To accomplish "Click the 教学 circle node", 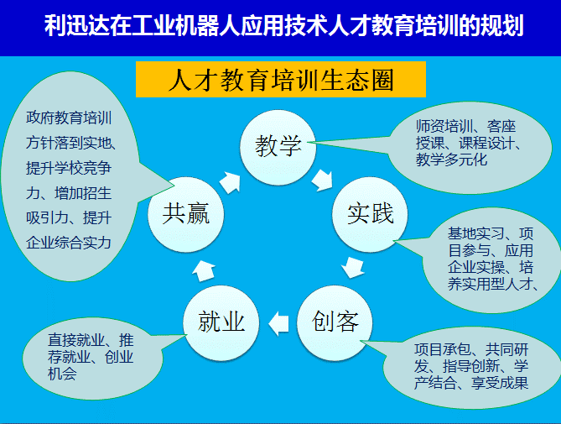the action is click(x=278, y=147).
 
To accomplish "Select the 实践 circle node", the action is click(x=371, y=214).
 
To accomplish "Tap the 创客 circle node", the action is click(x=335, y=322).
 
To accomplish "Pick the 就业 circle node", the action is click(x=221, y=322).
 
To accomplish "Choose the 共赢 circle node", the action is click(x=185, y=214).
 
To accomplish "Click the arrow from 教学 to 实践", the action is click(x=323, y=181).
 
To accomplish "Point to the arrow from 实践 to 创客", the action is click(x=353, y=267).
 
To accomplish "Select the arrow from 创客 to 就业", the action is click(x=278, y=324).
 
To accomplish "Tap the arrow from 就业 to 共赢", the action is click(x=204, y=270).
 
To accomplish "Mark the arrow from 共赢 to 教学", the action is click(x=231, y=182).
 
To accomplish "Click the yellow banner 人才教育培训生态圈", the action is click(x=281, y=79).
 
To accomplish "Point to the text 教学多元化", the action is click(x=451, y=160).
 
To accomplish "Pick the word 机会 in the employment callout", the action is click(x=62, y=374).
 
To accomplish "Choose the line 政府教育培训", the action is click(x=69, y=118).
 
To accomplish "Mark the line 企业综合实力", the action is click(x=69, y=243).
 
